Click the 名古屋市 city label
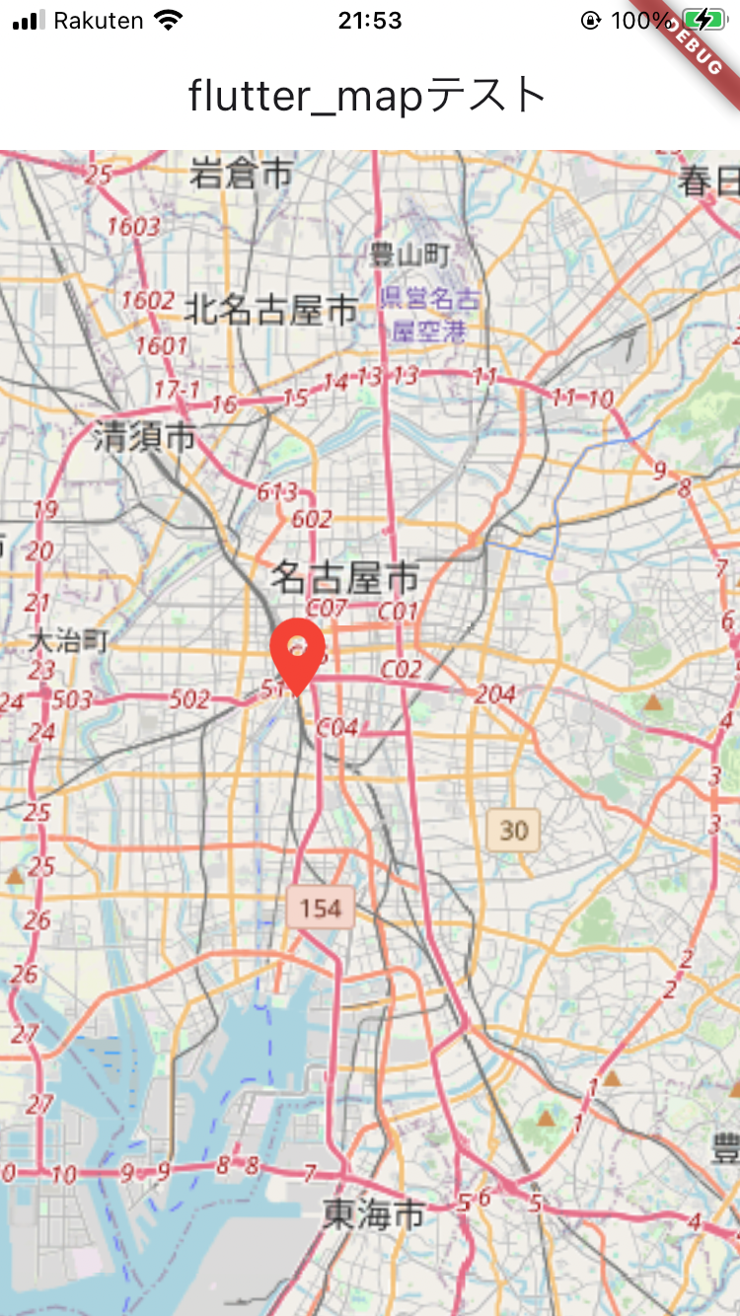[345, 576]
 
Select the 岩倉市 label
[242, 174]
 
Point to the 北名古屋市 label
[270, 311]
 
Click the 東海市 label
[374, 1212]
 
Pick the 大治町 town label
[67, 641]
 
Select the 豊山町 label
[409, 256]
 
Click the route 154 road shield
[321, 908]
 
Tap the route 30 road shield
[513, 831]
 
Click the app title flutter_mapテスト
[367, 96]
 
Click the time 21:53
[369, 21]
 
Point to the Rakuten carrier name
[99, 21]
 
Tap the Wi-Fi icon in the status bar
[169, 21]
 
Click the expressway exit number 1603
[133, 227]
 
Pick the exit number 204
[495, 695]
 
